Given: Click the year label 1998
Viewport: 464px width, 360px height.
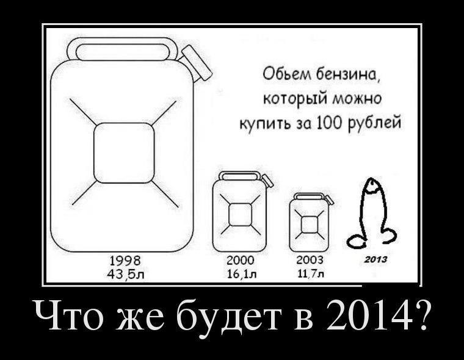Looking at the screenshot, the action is [x=125, y=261].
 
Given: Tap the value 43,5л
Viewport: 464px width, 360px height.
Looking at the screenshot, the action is [x=126, y=275].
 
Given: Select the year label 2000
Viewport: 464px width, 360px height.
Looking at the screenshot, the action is [x=241, y=261].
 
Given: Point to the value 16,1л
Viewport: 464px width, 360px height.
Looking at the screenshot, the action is [x=242, y=274].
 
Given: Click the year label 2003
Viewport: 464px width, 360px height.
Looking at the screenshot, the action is [x=310, y=261].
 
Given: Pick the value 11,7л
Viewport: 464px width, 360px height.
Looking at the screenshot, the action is [x=311, y=274].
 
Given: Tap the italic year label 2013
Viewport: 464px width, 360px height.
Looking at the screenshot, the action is [x=375, y=260].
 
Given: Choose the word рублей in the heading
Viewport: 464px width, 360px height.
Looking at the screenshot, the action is [x=375, y=123].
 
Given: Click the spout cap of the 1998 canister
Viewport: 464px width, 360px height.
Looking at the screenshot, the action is [x=197, y=62].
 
